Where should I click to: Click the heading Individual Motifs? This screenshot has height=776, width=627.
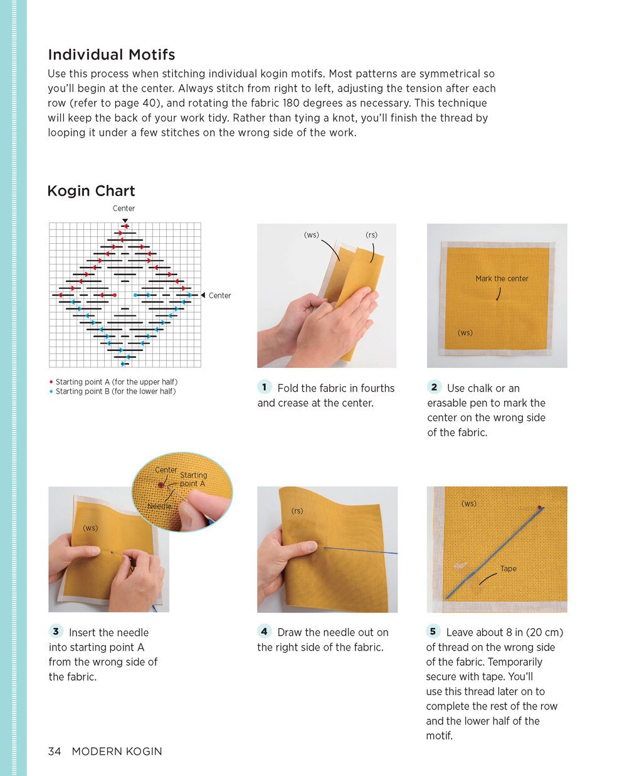112,55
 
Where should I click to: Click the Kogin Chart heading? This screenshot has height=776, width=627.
92,191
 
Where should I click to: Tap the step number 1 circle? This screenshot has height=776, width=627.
265,387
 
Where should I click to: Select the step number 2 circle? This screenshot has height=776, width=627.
434,387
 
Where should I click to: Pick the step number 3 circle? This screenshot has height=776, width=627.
56,631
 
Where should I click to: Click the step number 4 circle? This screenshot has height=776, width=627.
265,631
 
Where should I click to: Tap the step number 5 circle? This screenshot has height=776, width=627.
433,631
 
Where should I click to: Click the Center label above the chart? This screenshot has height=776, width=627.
124,208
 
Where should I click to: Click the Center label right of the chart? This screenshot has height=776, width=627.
219,295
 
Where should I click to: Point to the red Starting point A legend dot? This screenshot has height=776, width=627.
51,382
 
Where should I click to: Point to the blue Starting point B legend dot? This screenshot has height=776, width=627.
51,391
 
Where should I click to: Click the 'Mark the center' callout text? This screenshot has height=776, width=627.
502,278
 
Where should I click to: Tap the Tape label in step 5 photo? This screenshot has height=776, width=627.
508,569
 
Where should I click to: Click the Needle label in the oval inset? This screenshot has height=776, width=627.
159,506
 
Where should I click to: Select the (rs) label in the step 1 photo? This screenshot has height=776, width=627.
372,235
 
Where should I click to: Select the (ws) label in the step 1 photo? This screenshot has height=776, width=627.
312,235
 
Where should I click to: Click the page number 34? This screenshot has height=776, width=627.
55,751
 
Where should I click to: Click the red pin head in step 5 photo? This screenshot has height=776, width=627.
539,507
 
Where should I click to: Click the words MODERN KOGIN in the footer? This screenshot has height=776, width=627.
117,751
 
